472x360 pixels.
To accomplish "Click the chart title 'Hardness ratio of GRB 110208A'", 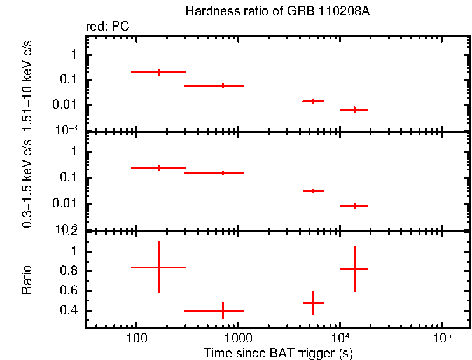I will coord(277,11).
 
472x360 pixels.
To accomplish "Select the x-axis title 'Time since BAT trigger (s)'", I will coord(278,352).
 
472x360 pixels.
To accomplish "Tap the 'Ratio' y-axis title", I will coord(27,279).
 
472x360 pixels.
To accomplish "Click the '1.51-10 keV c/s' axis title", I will coord(27,87).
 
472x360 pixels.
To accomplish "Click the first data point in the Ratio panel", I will coord(159,267).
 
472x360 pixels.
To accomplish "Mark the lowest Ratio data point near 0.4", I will coord(223,310).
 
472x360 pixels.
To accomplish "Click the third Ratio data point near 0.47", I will coord(312,303).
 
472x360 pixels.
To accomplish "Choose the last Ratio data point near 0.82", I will coord(354,268).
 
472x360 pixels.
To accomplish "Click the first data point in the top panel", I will coord(159,73).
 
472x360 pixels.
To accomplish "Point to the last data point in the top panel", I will coord(354,109).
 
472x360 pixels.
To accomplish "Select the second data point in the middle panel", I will coord(223,173).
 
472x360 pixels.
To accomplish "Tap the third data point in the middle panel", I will coord(312,191).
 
